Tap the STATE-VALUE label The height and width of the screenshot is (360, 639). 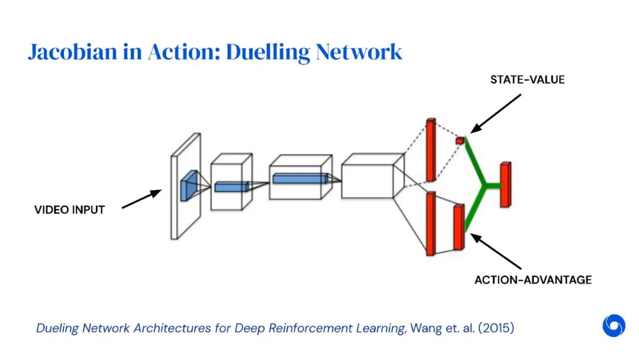pos(527,79)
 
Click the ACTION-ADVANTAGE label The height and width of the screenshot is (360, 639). pos(532,279)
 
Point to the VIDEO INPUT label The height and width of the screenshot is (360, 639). pos(69,210)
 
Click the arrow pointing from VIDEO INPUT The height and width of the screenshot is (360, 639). pos(141,200)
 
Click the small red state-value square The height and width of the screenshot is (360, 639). pos(460,140)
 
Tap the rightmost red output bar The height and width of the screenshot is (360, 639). pos(505,185)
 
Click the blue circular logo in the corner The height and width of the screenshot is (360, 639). pos(614,326)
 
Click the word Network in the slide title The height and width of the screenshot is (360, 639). pos(359,52)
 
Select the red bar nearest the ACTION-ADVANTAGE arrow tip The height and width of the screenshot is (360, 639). pos(458,227)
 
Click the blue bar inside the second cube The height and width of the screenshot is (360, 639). pos(231,187)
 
